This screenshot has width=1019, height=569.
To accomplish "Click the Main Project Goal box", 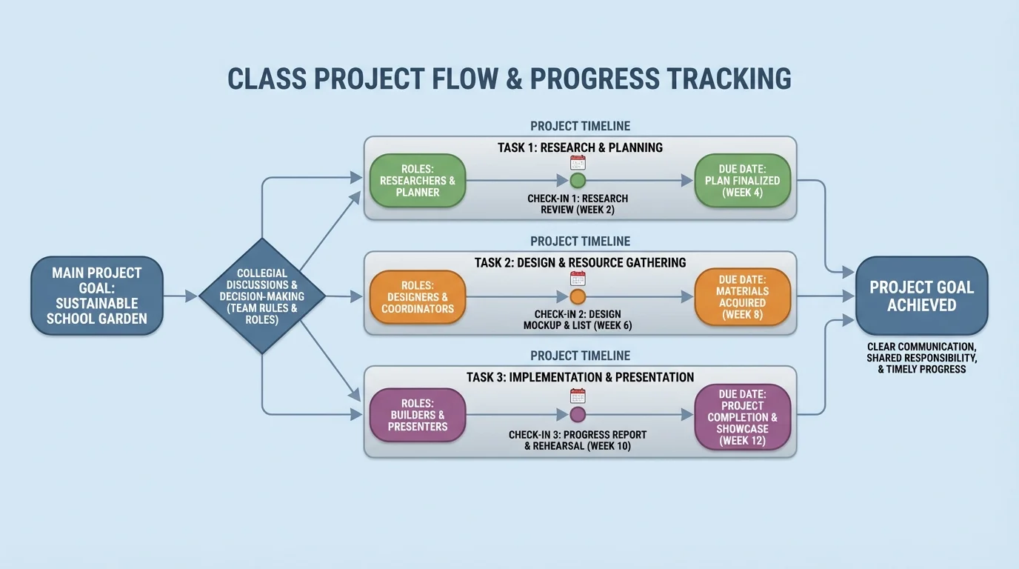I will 97,296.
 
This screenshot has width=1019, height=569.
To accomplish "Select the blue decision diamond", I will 263,296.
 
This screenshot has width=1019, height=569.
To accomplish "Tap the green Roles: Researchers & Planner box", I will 418,180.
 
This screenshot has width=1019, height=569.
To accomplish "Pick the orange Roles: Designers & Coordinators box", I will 418,296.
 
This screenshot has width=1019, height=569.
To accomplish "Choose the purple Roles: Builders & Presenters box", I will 418,415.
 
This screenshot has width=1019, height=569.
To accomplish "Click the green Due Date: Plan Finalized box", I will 742,180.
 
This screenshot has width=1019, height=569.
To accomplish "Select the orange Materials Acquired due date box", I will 742,296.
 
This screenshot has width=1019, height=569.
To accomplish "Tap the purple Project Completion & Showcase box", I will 742,417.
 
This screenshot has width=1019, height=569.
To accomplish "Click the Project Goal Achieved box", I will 921,296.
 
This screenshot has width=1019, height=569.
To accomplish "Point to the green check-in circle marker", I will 578,180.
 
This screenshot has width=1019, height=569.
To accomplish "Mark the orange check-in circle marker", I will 578,297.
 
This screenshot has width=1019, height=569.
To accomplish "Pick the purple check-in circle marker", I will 578,414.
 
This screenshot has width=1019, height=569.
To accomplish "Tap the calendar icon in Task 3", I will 578,396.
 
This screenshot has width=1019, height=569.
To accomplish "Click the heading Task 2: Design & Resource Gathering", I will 580,262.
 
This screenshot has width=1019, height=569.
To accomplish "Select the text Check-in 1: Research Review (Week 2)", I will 578,204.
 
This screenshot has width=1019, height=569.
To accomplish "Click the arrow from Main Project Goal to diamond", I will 180,296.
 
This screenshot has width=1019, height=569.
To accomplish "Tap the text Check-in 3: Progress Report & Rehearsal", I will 578,440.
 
